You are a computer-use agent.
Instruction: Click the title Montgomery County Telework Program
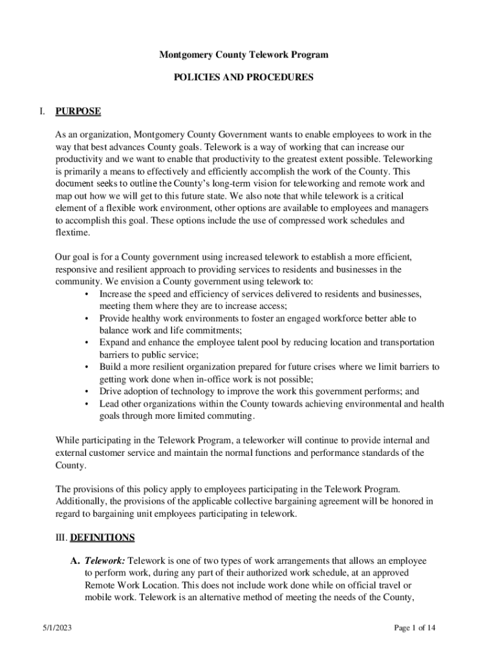pyautogui.click(x=244, y=55)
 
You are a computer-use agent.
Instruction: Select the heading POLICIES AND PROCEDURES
pyautogui.click(x=244, y=77)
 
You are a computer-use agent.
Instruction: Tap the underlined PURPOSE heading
pyautogui.click(x=78, y=111)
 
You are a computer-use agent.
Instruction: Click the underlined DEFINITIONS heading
pyautogui.click(x=102, y=537)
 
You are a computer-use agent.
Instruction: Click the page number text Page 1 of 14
pyautogui.click(x=420, y=627)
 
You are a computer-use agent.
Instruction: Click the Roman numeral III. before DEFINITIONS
pyautogui.click(x=61, y=537)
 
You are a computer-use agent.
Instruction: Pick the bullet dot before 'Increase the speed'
pyautogui.click(x=87, y=294)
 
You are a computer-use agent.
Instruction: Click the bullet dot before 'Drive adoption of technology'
pyautogui.click(x=87, y=391)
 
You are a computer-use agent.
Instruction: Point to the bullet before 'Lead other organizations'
pyautogui.click(x=87, y=403)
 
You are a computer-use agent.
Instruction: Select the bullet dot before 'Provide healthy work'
pyautogui.click(x=87, y=319)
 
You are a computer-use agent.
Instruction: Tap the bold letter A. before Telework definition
pyautogui.click(x=75, y=560)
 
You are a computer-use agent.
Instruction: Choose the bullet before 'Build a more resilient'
pyautogui.click(x=87, y=367)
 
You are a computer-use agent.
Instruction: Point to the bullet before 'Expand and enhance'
pyautogui.click(x=87, y=343)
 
